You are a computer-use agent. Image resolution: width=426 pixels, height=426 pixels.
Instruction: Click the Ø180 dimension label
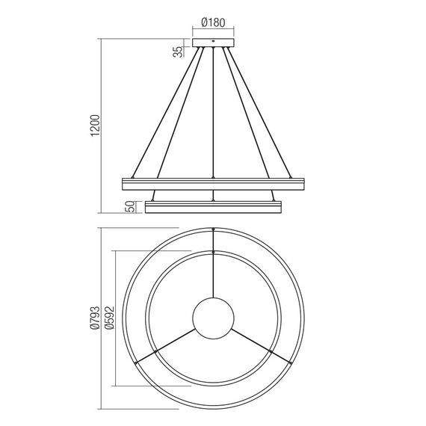pos(214,22)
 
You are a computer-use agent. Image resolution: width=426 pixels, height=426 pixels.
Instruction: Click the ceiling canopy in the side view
pos(214,43)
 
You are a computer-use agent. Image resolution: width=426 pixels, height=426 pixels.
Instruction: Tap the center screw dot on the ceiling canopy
pos(214,42)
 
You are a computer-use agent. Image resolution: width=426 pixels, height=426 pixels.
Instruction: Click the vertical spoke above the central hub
pos(214,277)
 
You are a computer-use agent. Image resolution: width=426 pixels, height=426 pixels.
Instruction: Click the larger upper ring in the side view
pos(214,182)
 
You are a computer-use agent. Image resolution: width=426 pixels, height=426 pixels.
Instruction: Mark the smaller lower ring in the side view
pos(214,206)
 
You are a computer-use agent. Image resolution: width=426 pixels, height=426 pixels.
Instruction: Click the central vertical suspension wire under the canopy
pos(214,112)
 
